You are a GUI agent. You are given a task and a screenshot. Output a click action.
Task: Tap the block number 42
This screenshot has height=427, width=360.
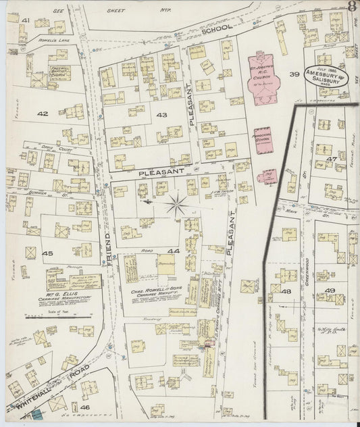(x=43, y=114)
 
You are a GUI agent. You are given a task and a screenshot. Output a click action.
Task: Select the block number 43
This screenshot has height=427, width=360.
(x=161, y=116)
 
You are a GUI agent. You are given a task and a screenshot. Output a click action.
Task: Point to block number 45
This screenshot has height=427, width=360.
(x=47, y=253)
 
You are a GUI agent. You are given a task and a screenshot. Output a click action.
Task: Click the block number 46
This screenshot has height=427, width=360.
(x=84, y=408)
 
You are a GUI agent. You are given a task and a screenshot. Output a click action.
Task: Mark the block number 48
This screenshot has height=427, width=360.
(x=286, y=291)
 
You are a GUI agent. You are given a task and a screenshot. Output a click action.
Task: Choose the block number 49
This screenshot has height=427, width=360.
(x=330, y=291)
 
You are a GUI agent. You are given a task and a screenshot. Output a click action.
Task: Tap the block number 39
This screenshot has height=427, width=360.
(x=294, y=74)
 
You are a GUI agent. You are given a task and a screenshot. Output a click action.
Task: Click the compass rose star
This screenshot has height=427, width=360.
(x=177, y=205)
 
